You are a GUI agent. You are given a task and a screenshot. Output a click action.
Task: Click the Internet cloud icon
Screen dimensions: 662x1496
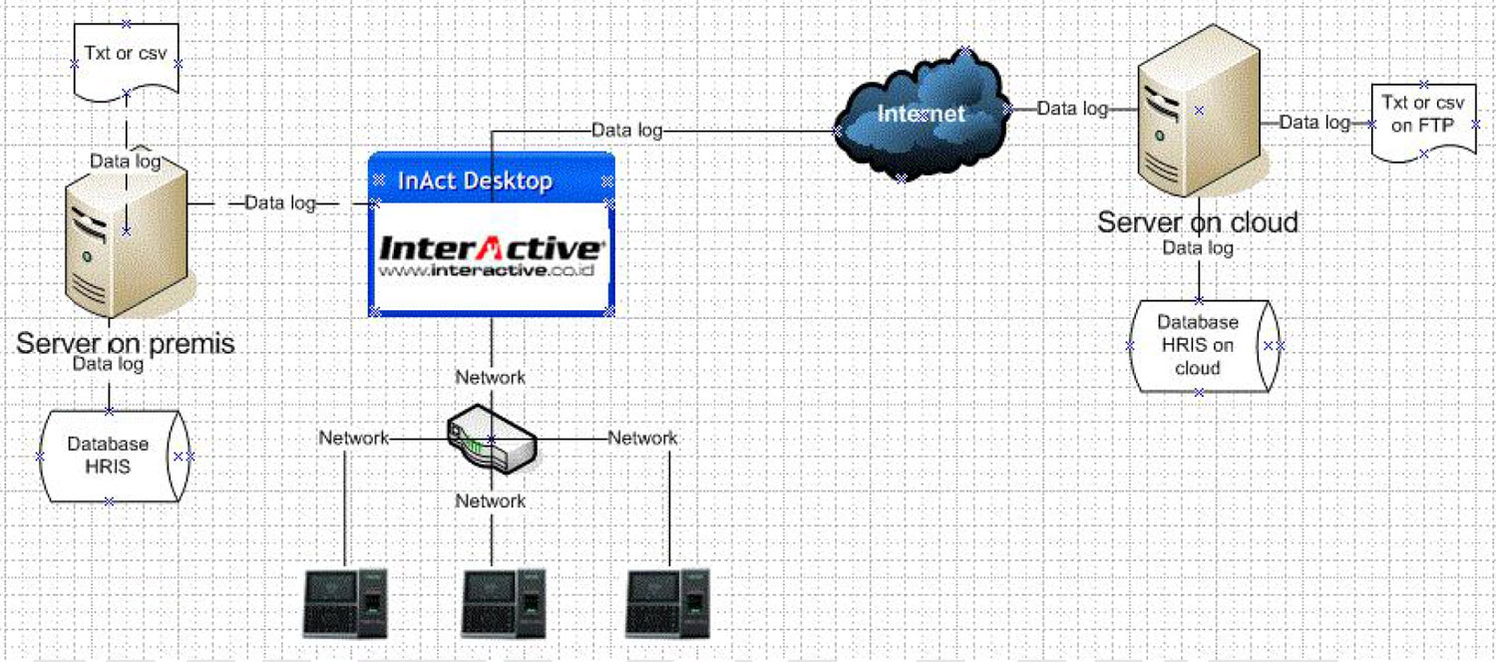920,114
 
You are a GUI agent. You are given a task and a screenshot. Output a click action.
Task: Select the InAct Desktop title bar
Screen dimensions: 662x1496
491,180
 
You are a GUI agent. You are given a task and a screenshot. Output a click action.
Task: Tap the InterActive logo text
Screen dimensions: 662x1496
492,246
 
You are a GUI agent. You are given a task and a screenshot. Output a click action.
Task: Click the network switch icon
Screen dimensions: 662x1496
492,439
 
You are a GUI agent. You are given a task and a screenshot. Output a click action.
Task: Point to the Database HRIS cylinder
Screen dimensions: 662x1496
109,456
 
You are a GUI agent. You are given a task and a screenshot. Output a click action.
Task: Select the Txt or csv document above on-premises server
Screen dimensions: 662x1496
126,58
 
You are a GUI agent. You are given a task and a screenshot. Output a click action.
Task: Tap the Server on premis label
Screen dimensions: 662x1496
126,344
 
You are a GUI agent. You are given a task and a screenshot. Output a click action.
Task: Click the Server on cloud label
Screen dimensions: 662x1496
1198,221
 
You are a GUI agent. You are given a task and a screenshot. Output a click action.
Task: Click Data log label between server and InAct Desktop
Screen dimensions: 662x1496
280,203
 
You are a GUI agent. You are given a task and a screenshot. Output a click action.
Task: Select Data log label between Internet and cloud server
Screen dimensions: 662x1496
1072,109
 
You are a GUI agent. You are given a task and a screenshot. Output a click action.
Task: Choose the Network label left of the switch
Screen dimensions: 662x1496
353,438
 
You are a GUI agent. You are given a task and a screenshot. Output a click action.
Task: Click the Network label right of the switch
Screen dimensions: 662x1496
642,438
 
